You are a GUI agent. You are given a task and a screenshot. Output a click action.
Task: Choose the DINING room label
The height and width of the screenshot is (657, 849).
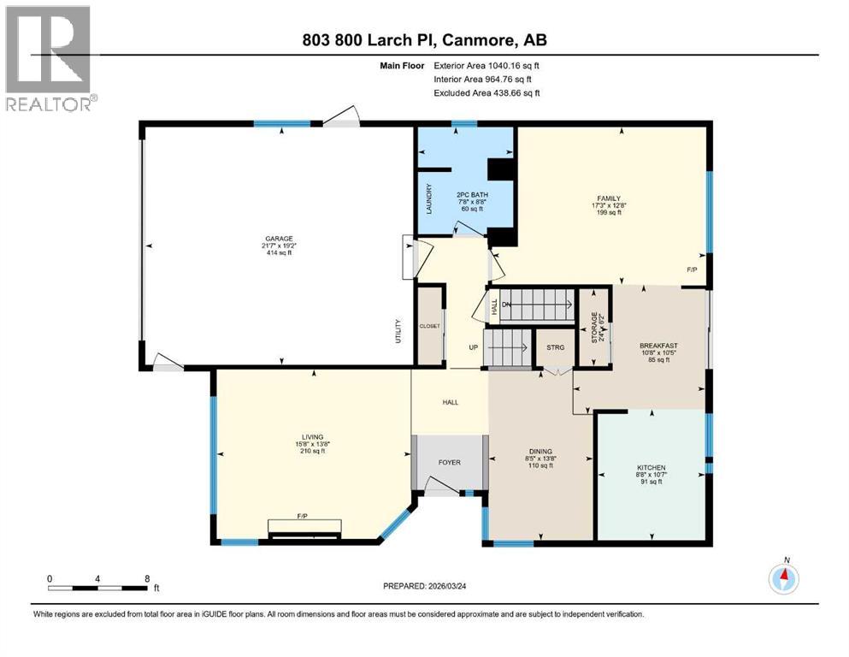pyautogui.click(x=539, y=452)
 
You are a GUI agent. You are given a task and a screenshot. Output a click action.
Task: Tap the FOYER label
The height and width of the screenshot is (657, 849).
pyautogui.click(x=449, y=463)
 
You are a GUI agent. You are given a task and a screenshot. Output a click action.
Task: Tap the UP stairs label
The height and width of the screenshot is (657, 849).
pyautogui.click(x=472, y=348)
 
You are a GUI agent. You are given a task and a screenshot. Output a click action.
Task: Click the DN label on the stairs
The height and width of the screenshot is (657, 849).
pyautogui.click(x=506, y=304)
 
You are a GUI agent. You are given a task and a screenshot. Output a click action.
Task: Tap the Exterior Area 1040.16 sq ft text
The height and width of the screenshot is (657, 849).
pyautogui.click(x=486, y=64)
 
